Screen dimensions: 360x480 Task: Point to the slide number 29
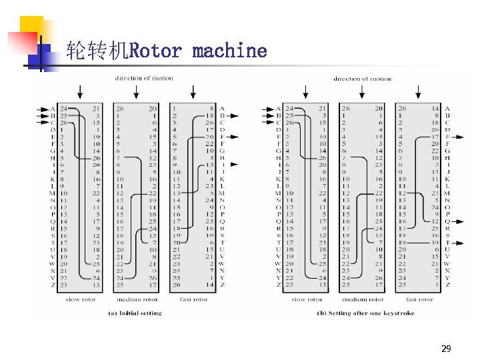[446, 349]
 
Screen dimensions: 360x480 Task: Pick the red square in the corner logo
[20, 42]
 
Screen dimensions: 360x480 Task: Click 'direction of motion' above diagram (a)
[143, 78]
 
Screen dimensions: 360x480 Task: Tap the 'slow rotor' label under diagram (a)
[81, 299]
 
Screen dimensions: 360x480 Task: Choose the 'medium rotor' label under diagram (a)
[136, 299]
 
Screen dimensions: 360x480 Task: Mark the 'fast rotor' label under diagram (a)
[193, 299]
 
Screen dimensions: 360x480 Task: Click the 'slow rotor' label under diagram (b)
[307, 299]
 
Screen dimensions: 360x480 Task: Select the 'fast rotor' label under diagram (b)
[420, 299]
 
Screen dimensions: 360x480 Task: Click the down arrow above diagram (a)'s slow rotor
[81, 91]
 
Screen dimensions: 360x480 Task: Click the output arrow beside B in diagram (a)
[233, 116]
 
